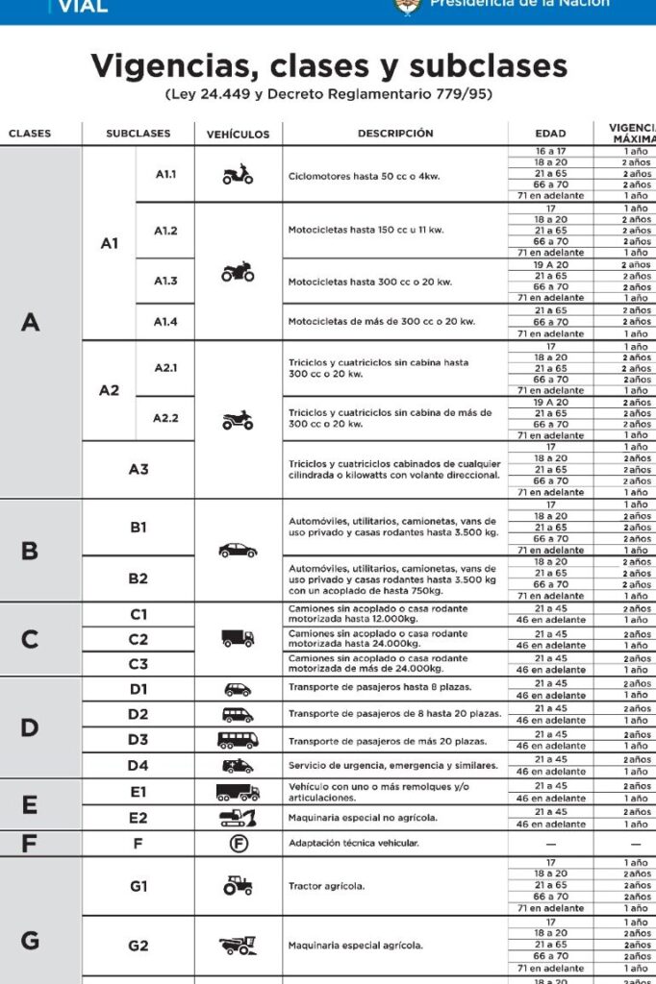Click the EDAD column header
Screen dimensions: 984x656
(550, 134)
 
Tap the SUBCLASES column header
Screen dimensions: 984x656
(139, 134)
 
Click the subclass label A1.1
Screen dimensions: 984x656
(166, 174)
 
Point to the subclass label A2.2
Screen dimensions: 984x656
(166, 418)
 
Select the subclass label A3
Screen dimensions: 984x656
(139, 469)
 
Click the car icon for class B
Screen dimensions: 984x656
(238, 551)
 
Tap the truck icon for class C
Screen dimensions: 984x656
(238, 638)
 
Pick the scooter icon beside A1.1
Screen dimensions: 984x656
(238, 175)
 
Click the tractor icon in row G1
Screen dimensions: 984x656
(238, 885)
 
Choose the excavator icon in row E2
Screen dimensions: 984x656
(238, 818)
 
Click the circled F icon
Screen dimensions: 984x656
(238, 843)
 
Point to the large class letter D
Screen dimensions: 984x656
(30, 727)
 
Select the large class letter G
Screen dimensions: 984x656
(30, 940)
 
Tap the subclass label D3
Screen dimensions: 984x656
(139, 740)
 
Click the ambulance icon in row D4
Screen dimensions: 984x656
(238, 766)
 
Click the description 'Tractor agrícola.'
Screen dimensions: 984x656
(326, 886)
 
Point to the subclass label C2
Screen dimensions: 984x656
(139, 639)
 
